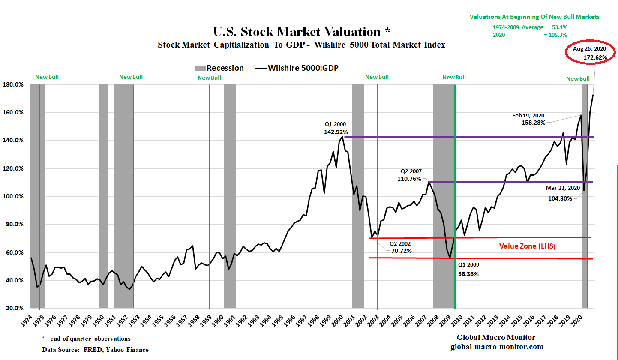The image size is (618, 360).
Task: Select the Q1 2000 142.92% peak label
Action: tap(336, 129)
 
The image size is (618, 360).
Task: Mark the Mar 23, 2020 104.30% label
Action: tap(562, 193)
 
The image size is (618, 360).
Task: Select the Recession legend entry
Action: tap(219, 68)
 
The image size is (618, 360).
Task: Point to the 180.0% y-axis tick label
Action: tap(14, 84)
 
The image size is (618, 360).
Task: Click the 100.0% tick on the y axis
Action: tap(14, 197)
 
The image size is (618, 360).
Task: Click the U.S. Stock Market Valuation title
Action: tap(302, 32)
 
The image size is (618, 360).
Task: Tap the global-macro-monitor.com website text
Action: tap(497, 347)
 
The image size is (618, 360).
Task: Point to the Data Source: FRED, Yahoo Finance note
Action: tap(95, 350)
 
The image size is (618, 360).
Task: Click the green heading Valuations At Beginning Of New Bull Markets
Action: tap(534, 17)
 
